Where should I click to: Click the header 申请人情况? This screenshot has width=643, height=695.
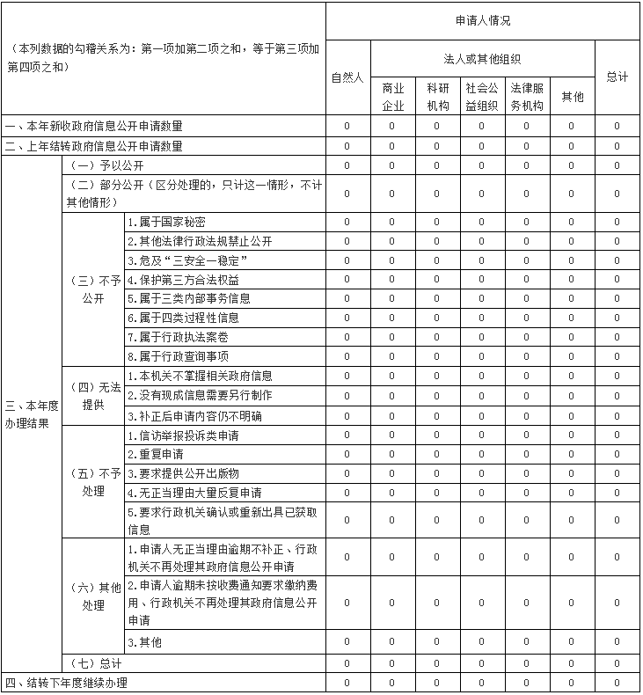click(482, 20)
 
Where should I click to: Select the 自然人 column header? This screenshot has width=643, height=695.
click(347, 77)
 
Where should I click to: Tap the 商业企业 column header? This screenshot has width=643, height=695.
click(392, 96)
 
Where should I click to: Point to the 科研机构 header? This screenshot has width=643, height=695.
click(437, 96)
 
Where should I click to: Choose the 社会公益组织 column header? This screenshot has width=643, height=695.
click(482, 96)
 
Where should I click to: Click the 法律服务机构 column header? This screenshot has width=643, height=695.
click(527, 96)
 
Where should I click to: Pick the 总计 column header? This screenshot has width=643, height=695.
click(617, 77)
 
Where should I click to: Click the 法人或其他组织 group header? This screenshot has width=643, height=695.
click(482, 59)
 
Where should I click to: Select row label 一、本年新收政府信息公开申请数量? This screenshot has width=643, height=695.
click(94, 126)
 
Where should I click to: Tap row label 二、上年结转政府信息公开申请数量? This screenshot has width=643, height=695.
click(94, 145)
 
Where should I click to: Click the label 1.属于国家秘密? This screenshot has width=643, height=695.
click(166, 222)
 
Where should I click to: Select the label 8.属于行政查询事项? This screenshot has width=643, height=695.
click(177, 356)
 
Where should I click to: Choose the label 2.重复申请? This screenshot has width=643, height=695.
click(155, 455)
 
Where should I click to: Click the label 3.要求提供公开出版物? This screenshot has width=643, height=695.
click(182, 473)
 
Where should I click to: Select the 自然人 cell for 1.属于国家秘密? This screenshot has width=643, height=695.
click(347, 222)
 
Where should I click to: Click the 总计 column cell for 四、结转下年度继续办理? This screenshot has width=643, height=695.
click(617, 683)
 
